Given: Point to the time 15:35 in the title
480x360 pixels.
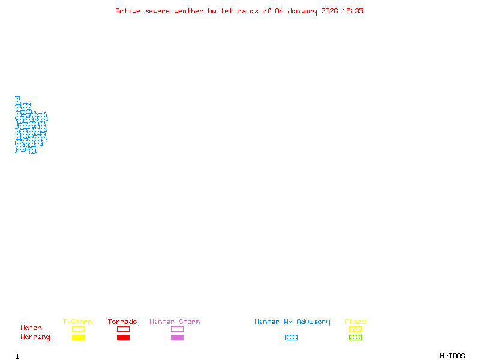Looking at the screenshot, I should tap(354, 11).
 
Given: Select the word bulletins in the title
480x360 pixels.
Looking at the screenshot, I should tap(227, 11).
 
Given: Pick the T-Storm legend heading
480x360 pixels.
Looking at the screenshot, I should tap(77, 322).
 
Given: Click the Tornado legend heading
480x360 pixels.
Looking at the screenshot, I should tap(122, 322).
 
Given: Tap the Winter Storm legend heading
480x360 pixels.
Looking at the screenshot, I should tap(175, 322).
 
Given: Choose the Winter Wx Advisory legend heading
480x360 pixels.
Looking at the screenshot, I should tap(292, 322).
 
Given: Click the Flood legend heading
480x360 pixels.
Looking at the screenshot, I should tap(355, 322).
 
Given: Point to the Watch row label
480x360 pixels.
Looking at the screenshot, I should tap(31, 328).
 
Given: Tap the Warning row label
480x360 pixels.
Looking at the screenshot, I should tap(35, 337).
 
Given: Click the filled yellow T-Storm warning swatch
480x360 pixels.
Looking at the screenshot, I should tap(78, 337).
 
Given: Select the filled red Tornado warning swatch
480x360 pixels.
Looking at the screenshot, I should tap(123, 337).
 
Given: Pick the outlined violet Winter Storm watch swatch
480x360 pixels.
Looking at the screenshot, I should tap(177, 329).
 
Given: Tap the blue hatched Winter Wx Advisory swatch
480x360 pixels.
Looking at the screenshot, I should tap(291, 337).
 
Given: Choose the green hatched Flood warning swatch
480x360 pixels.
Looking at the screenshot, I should tap(355, 337).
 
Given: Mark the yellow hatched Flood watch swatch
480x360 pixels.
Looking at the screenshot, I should tap(355, 329).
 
